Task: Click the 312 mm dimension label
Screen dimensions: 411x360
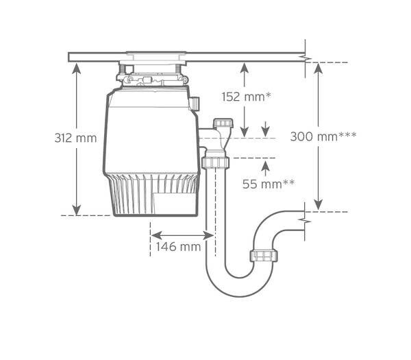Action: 75,138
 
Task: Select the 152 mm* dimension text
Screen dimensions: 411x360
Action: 246,97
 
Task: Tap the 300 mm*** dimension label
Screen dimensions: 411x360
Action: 323,136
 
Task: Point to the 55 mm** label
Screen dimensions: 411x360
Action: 268,184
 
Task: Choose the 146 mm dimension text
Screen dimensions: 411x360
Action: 178,247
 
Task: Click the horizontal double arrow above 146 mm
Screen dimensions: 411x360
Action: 182,235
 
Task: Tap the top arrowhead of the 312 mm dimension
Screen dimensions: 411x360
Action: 76,68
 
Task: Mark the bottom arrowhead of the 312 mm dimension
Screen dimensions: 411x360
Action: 76,210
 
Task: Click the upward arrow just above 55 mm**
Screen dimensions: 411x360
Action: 266,169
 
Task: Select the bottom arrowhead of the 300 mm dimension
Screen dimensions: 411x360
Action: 319,204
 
